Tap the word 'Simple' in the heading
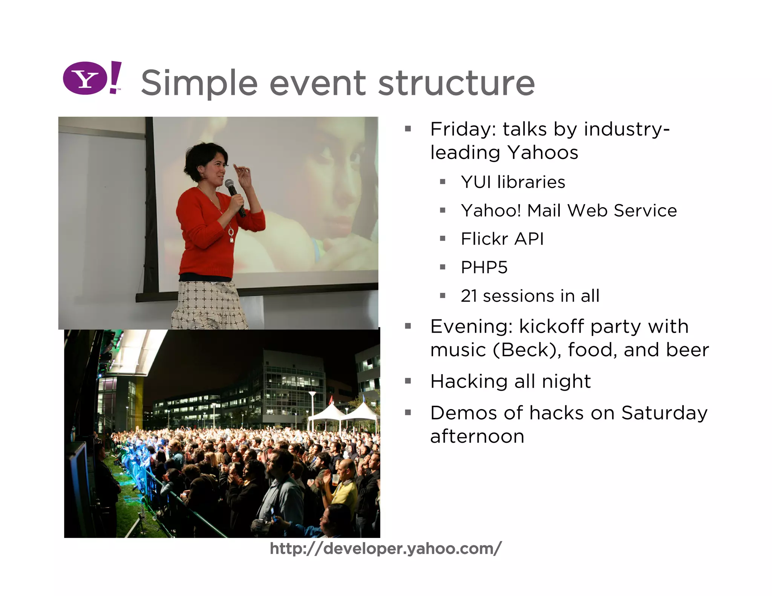[x=199, y=84]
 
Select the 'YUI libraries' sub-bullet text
[x=513, y=182]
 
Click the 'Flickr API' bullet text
[x=502, y=239]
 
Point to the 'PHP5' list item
[x=484, y=267]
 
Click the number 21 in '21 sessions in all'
[x=469, y=296]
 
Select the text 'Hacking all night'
[x=510, y=381]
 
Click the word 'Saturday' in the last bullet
[x=664, y=413]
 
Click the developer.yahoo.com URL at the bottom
[x=386, y=549]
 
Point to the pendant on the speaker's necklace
[x=231, y=235]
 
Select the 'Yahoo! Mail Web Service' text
[x=568, y=211]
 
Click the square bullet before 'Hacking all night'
[x=408, y=381]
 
